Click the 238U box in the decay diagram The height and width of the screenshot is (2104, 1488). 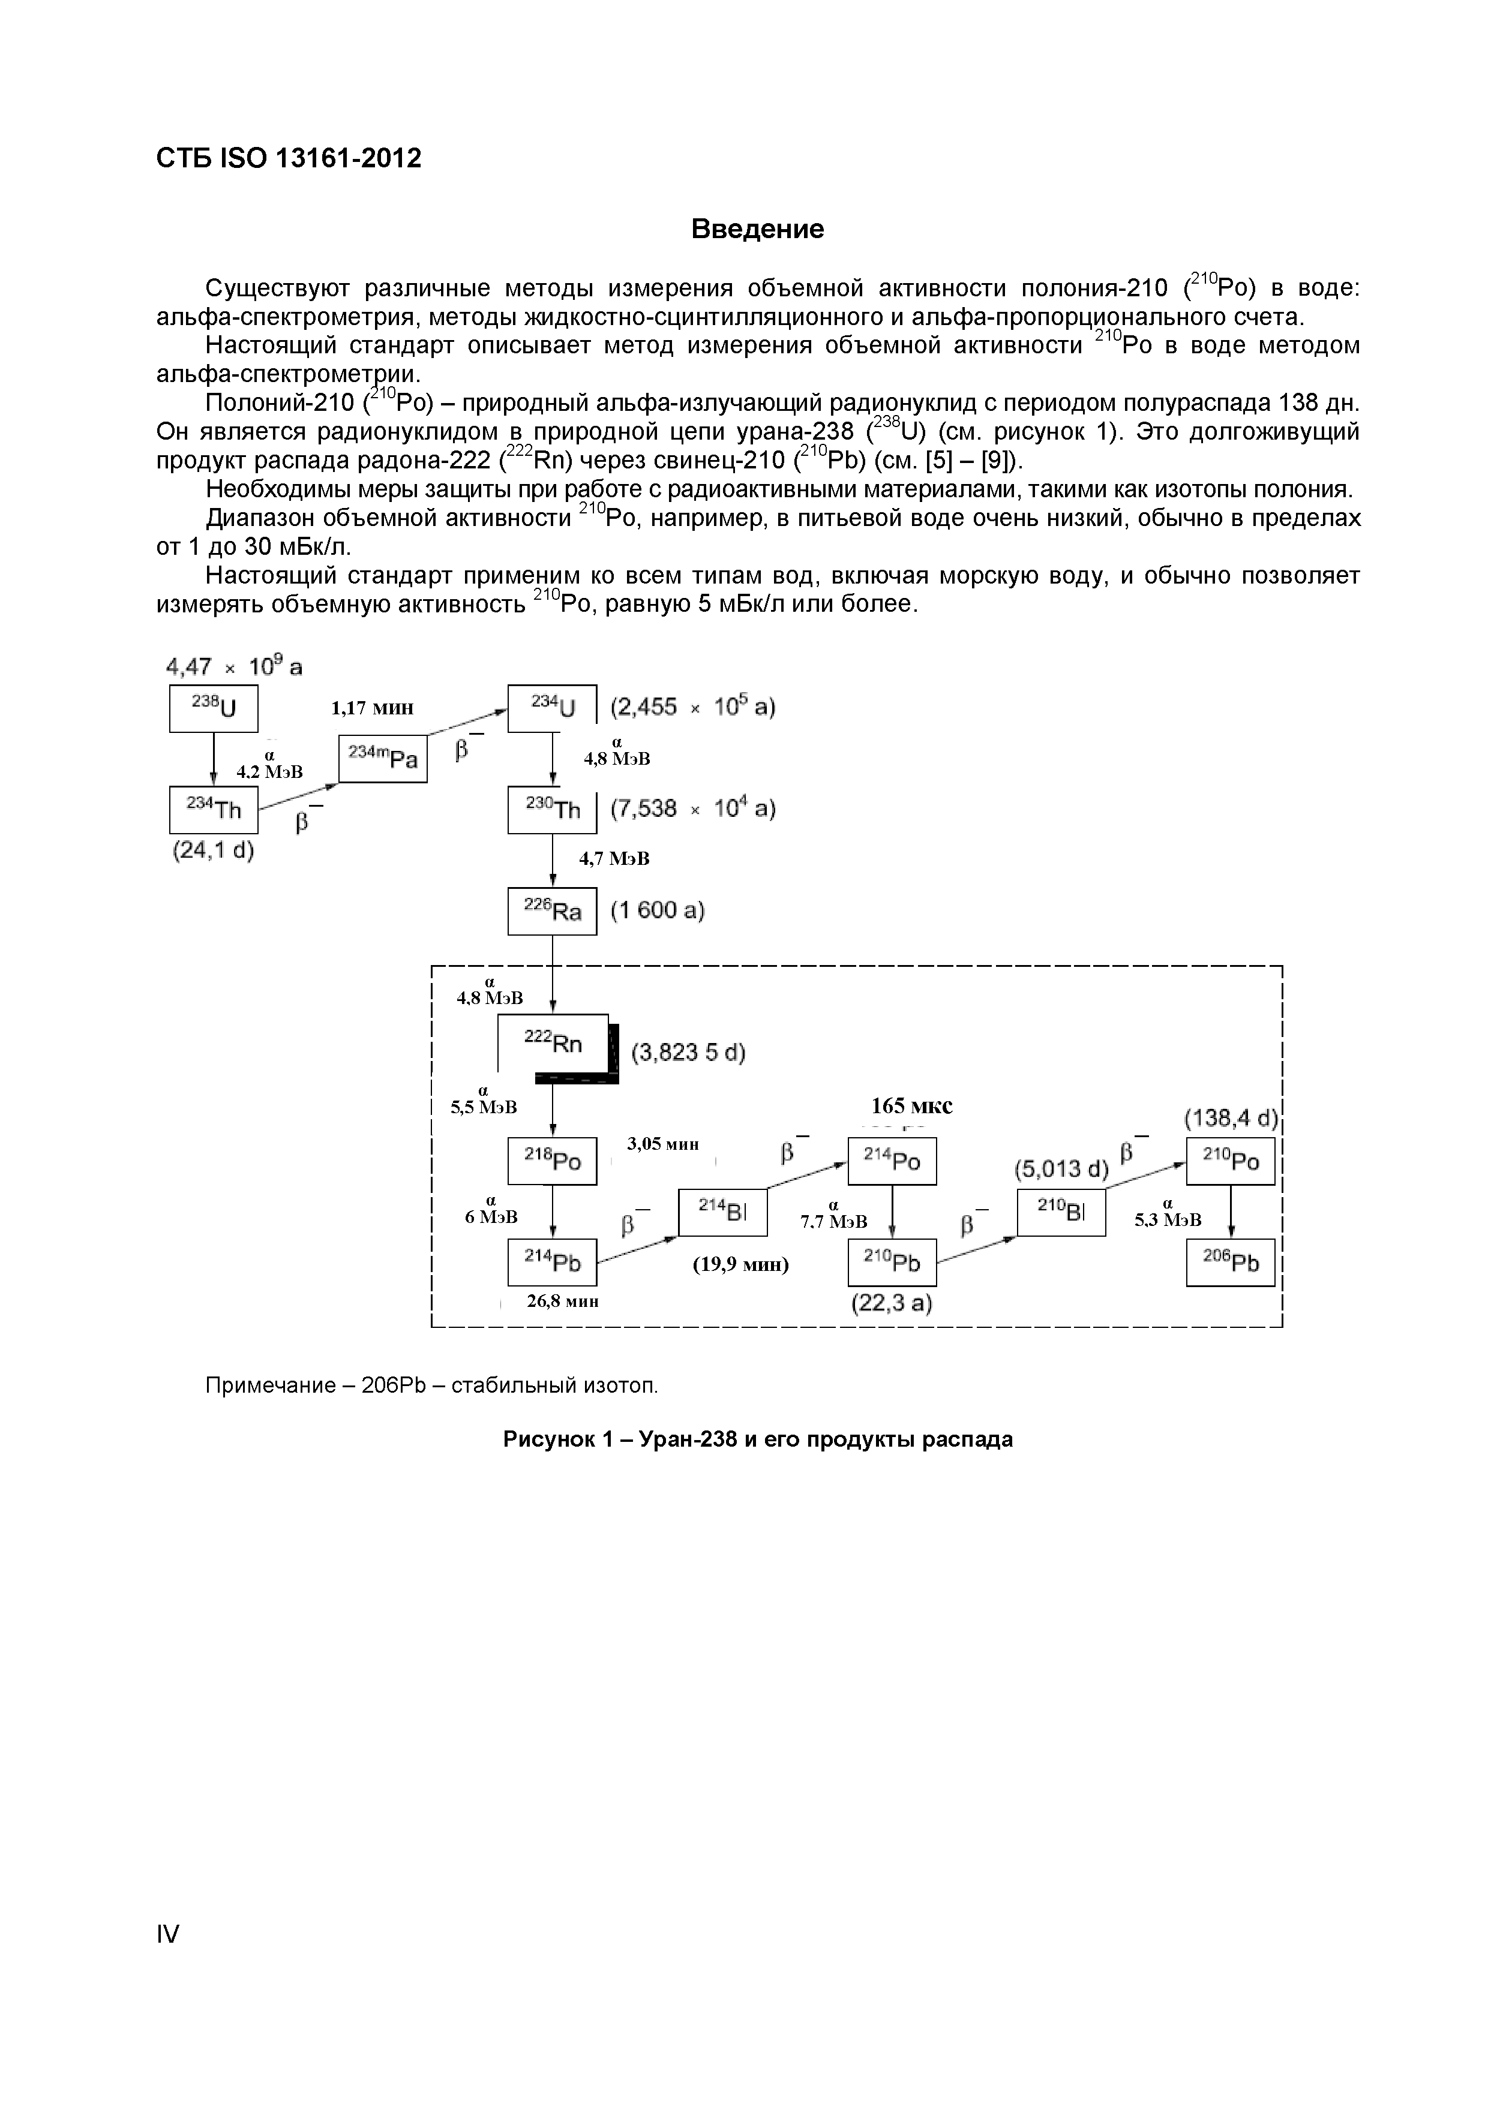(x=213, y=708)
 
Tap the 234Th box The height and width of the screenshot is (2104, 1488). (x=213, y=809)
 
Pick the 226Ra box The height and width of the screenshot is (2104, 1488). (x=552, y=911)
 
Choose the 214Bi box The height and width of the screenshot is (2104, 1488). (x=722, y=1212)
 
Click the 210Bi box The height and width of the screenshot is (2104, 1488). (x=1061, y=1212)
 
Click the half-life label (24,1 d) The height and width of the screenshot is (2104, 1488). (x=213, y=850)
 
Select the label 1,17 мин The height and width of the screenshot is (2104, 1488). (x=372, y=708)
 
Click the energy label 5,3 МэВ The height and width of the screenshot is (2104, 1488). (x=1167, y=1220)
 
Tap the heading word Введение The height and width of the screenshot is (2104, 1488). (x=757, y=229)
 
